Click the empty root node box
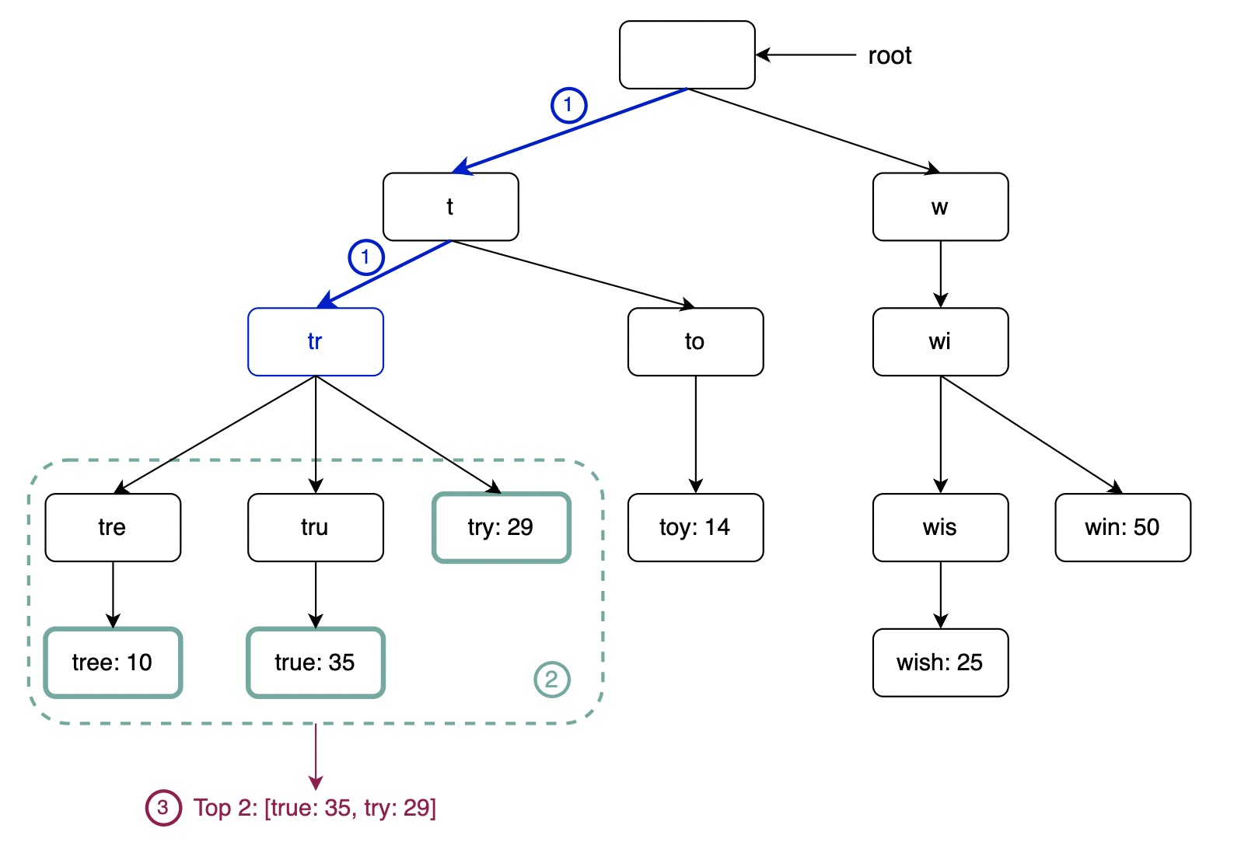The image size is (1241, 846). coord(687,55)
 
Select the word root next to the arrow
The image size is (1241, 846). coord(890,56)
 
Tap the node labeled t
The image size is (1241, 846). coord(450,207)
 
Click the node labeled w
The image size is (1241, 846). coord(940,207)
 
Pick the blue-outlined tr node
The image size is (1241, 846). coord(315,342)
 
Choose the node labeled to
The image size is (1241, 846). coord(695,342)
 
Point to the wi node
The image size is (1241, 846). coord(940,342)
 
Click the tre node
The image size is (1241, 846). coord(113,527)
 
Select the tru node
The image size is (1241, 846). coord(315,527)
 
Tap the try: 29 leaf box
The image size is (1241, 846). coord(502,527)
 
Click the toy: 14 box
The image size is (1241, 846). coord(695,527)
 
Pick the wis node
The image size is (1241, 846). coord(940,527)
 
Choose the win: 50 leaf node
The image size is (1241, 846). coord(1122,527)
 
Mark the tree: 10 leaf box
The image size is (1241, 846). coord(113,662)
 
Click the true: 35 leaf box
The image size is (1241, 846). coord(315,662)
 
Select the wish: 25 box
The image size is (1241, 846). coord(940,662)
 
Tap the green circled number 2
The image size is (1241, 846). coord(552,680)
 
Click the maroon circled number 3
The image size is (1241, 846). coord(163,807)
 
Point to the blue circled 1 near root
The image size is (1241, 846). coord(568,105)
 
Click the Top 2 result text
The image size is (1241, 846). coord(315,808)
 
